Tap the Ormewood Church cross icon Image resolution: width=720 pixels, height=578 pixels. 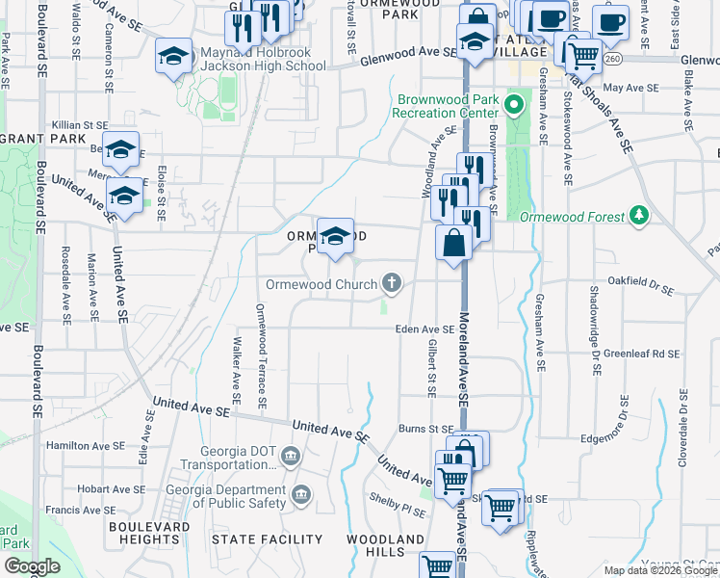point(391,283)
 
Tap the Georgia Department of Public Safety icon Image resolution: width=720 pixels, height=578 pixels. point(300,495)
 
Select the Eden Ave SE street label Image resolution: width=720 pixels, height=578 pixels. point(424,329)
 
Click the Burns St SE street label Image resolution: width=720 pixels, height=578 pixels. point(426,429)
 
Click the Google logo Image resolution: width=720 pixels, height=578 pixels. point(31,566)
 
